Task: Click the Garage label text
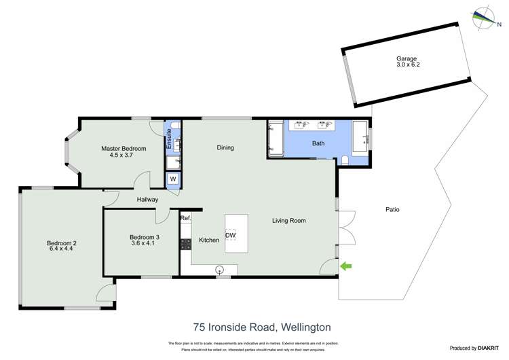[407, 59]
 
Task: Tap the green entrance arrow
[346, 267]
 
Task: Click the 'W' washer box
[172, 179]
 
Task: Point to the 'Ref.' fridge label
[185, 218]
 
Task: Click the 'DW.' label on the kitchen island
[231, 236]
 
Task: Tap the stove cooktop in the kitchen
[185, 244]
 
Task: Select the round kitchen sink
[219, 269]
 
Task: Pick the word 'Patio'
[392, 209]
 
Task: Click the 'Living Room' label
[289, 220]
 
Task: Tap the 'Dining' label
[225, 147]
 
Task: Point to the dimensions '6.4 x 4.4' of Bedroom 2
[60, 249]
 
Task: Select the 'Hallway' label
[147, 199]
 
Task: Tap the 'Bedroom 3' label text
[144, 237]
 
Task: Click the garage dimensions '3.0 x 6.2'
[407, 66]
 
